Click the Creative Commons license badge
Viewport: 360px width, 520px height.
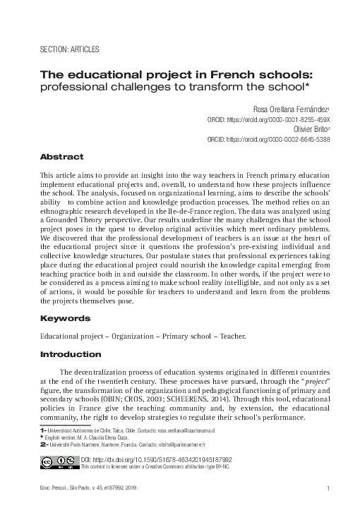point(59,463)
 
